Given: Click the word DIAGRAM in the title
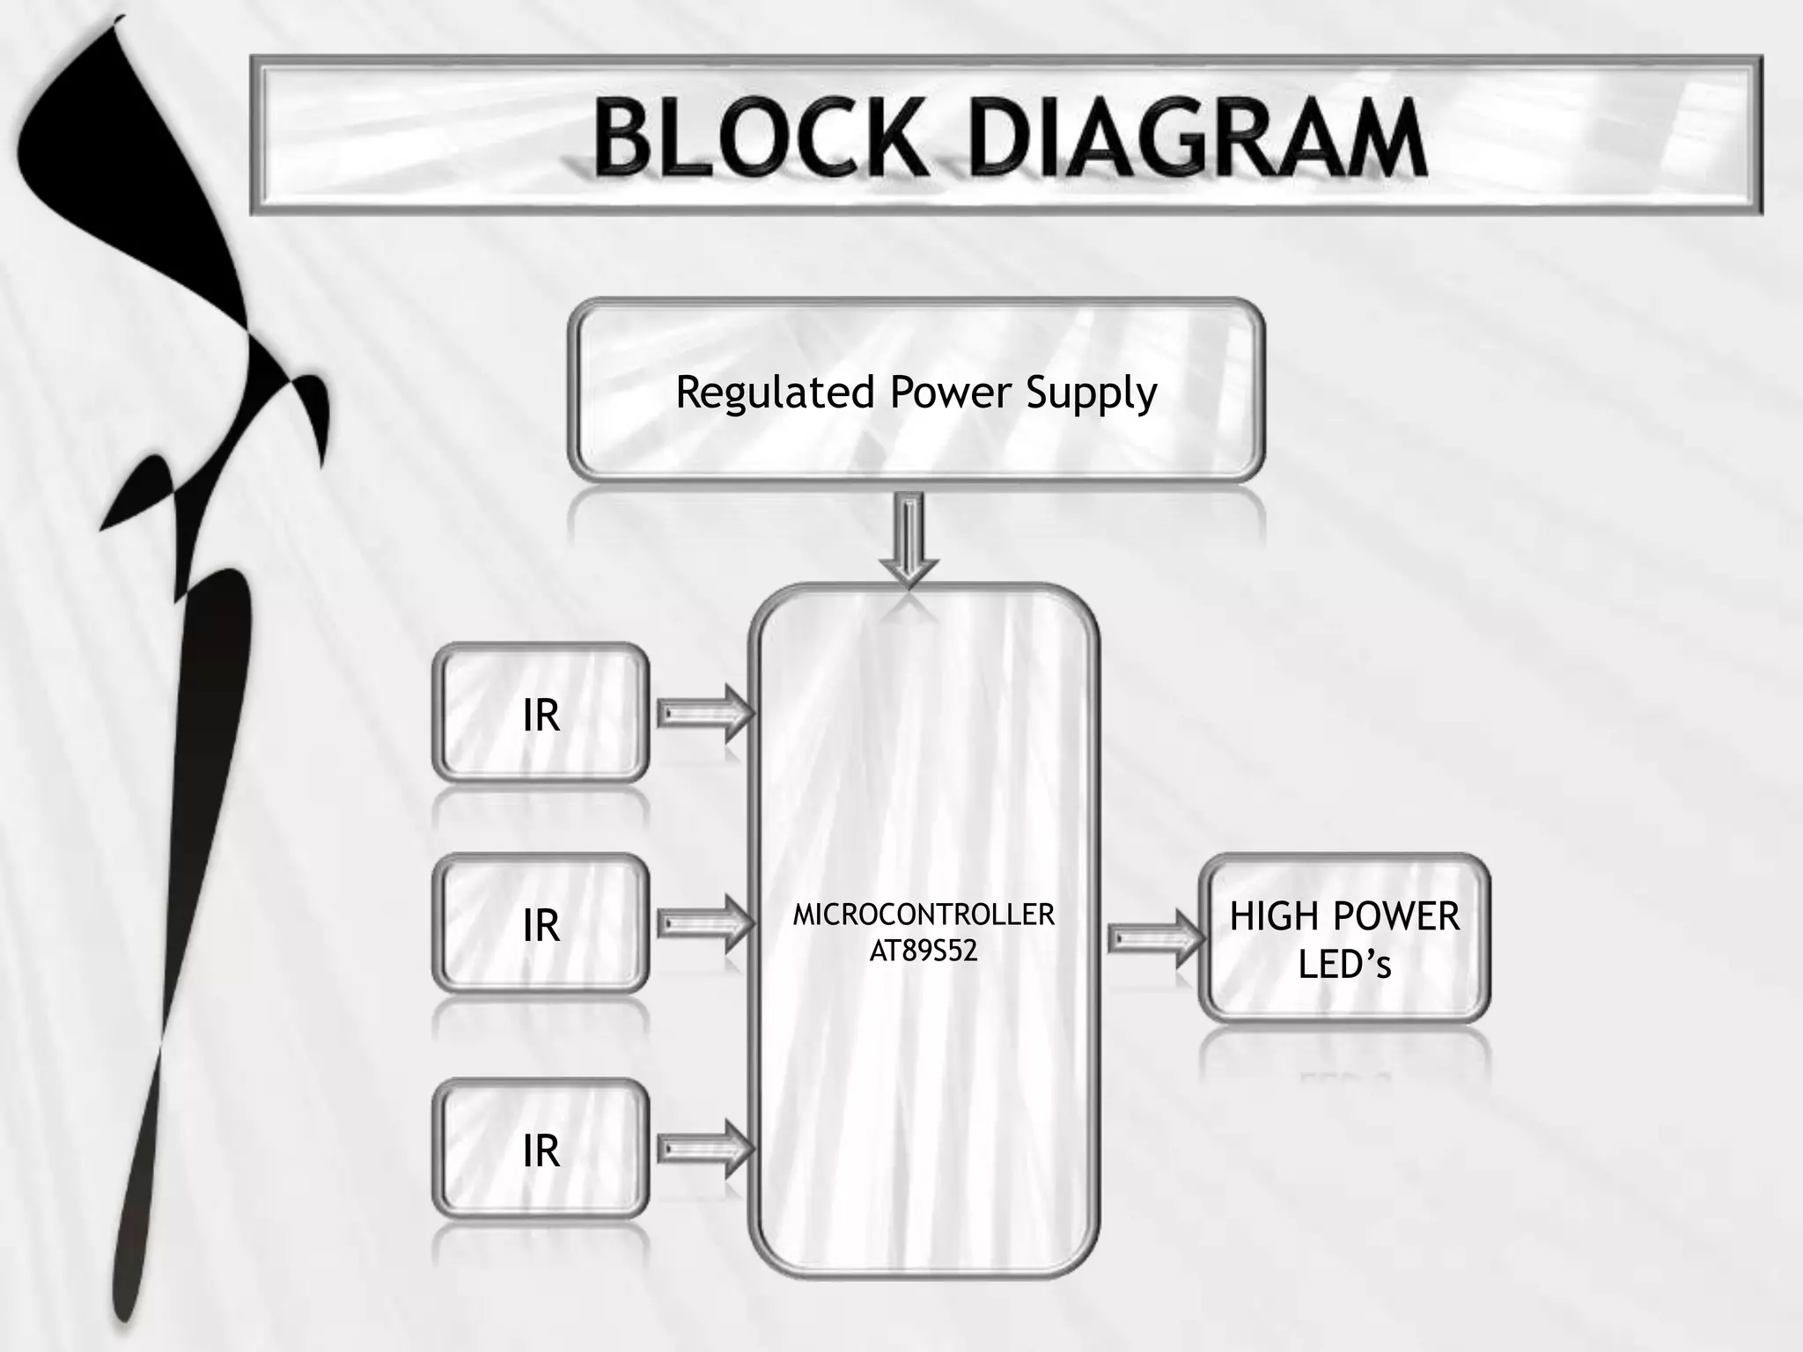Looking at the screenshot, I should tap(1197, 138).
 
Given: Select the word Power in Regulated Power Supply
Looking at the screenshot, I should tap(950, 393).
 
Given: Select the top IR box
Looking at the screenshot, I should tap(541, 713).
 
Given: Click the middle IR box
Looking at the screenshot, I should tap(541, 924).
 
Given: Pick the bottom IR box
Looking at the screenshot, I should tap(541, 1150).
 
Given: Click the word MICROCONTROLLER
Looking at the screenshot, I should tap(924, 915).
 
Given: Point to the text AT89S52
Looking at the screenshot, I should tap(924, 952).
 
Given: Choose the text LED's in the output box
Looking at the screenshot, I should tap(1344, 965).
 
